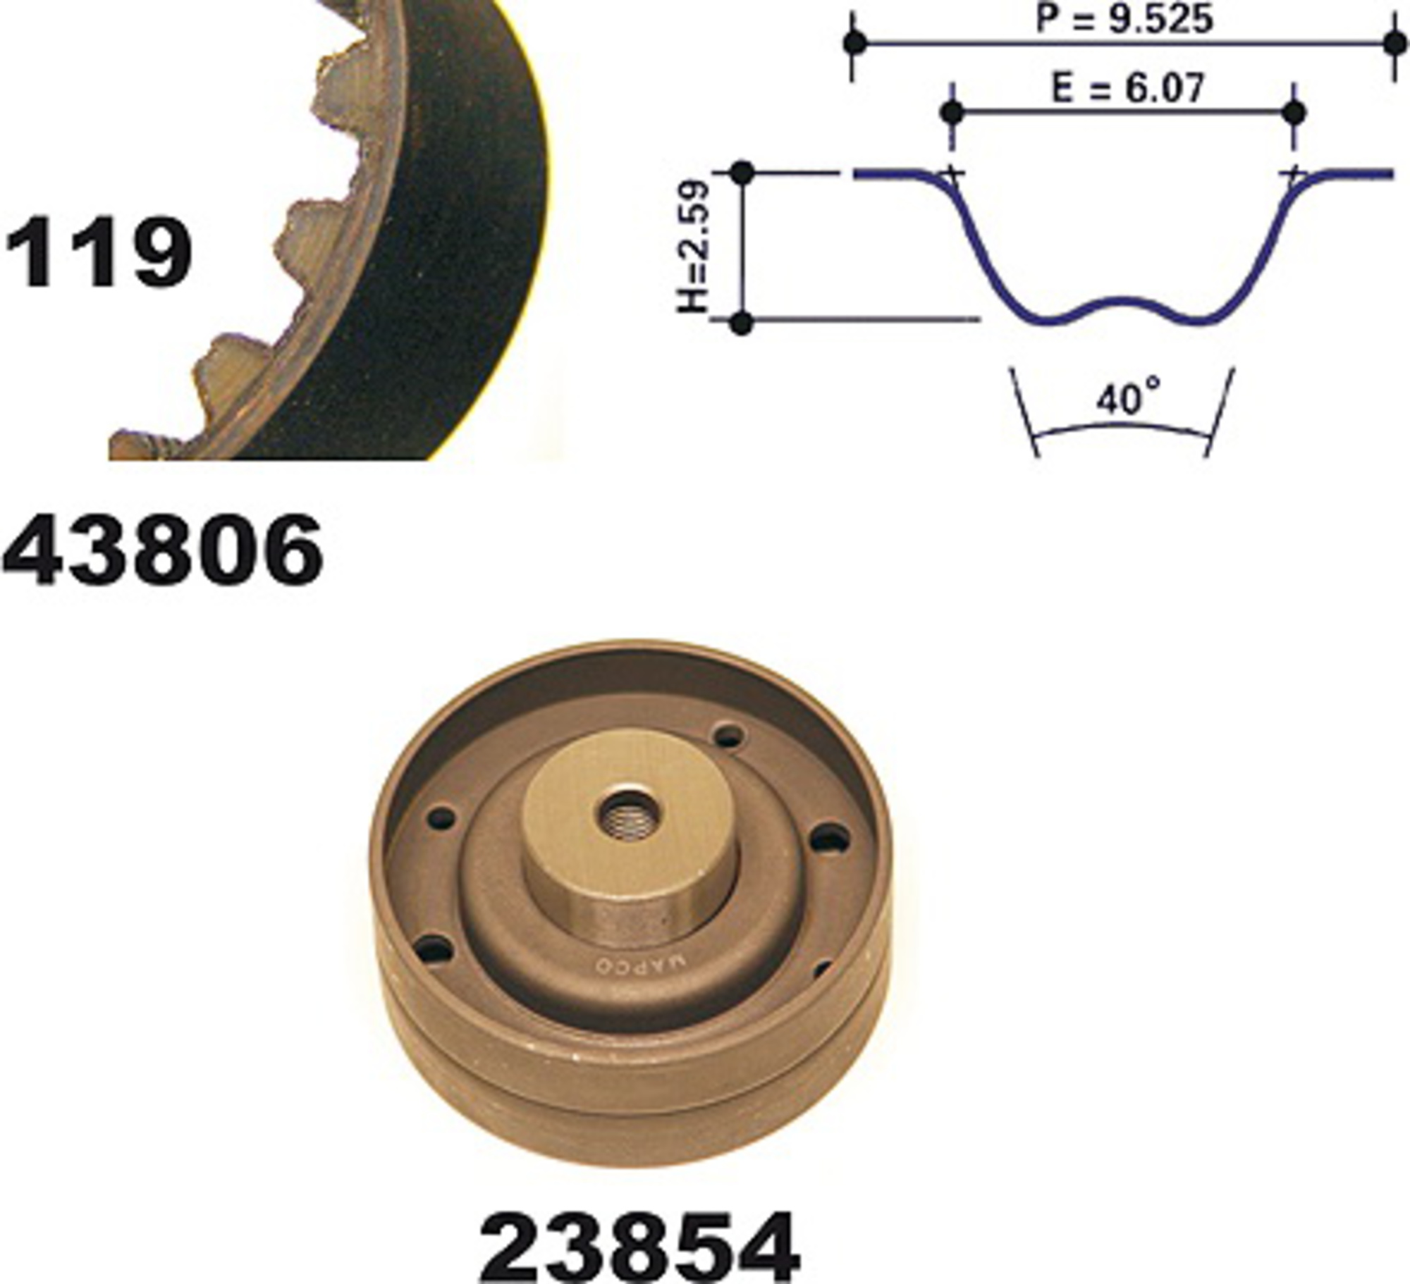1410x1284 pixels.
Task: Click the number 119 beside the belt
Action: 99,252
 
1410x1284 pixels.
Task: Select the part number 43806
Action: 163,549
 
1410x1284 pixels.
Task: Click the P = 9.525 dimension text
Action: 1124,19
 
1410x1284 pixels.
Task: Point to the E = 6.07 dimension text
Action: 1127,89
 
